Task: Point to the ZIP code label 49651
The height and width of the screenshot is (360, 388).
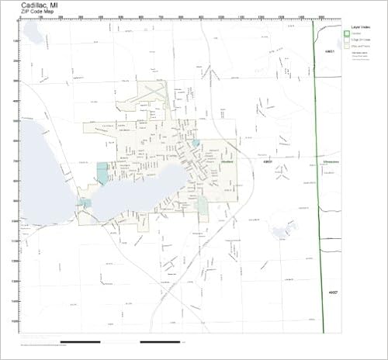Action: click(329, 50)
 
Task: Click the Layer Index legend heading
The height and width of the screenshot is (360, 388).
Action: click(356, 27)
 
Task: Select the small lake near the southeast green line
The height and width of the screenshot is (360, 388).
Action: click(280, 229)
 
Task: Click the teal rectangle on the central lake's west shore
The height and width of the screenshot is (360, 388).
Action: click(102, 173)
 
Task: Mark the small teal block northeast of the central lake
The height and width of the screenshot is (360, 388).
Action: click(195, 144)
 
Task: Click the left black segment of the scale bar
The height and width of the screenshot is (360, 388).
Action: click(80, 341)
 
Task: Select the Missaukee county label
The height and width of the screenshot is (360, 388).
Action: click(331, 163)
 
